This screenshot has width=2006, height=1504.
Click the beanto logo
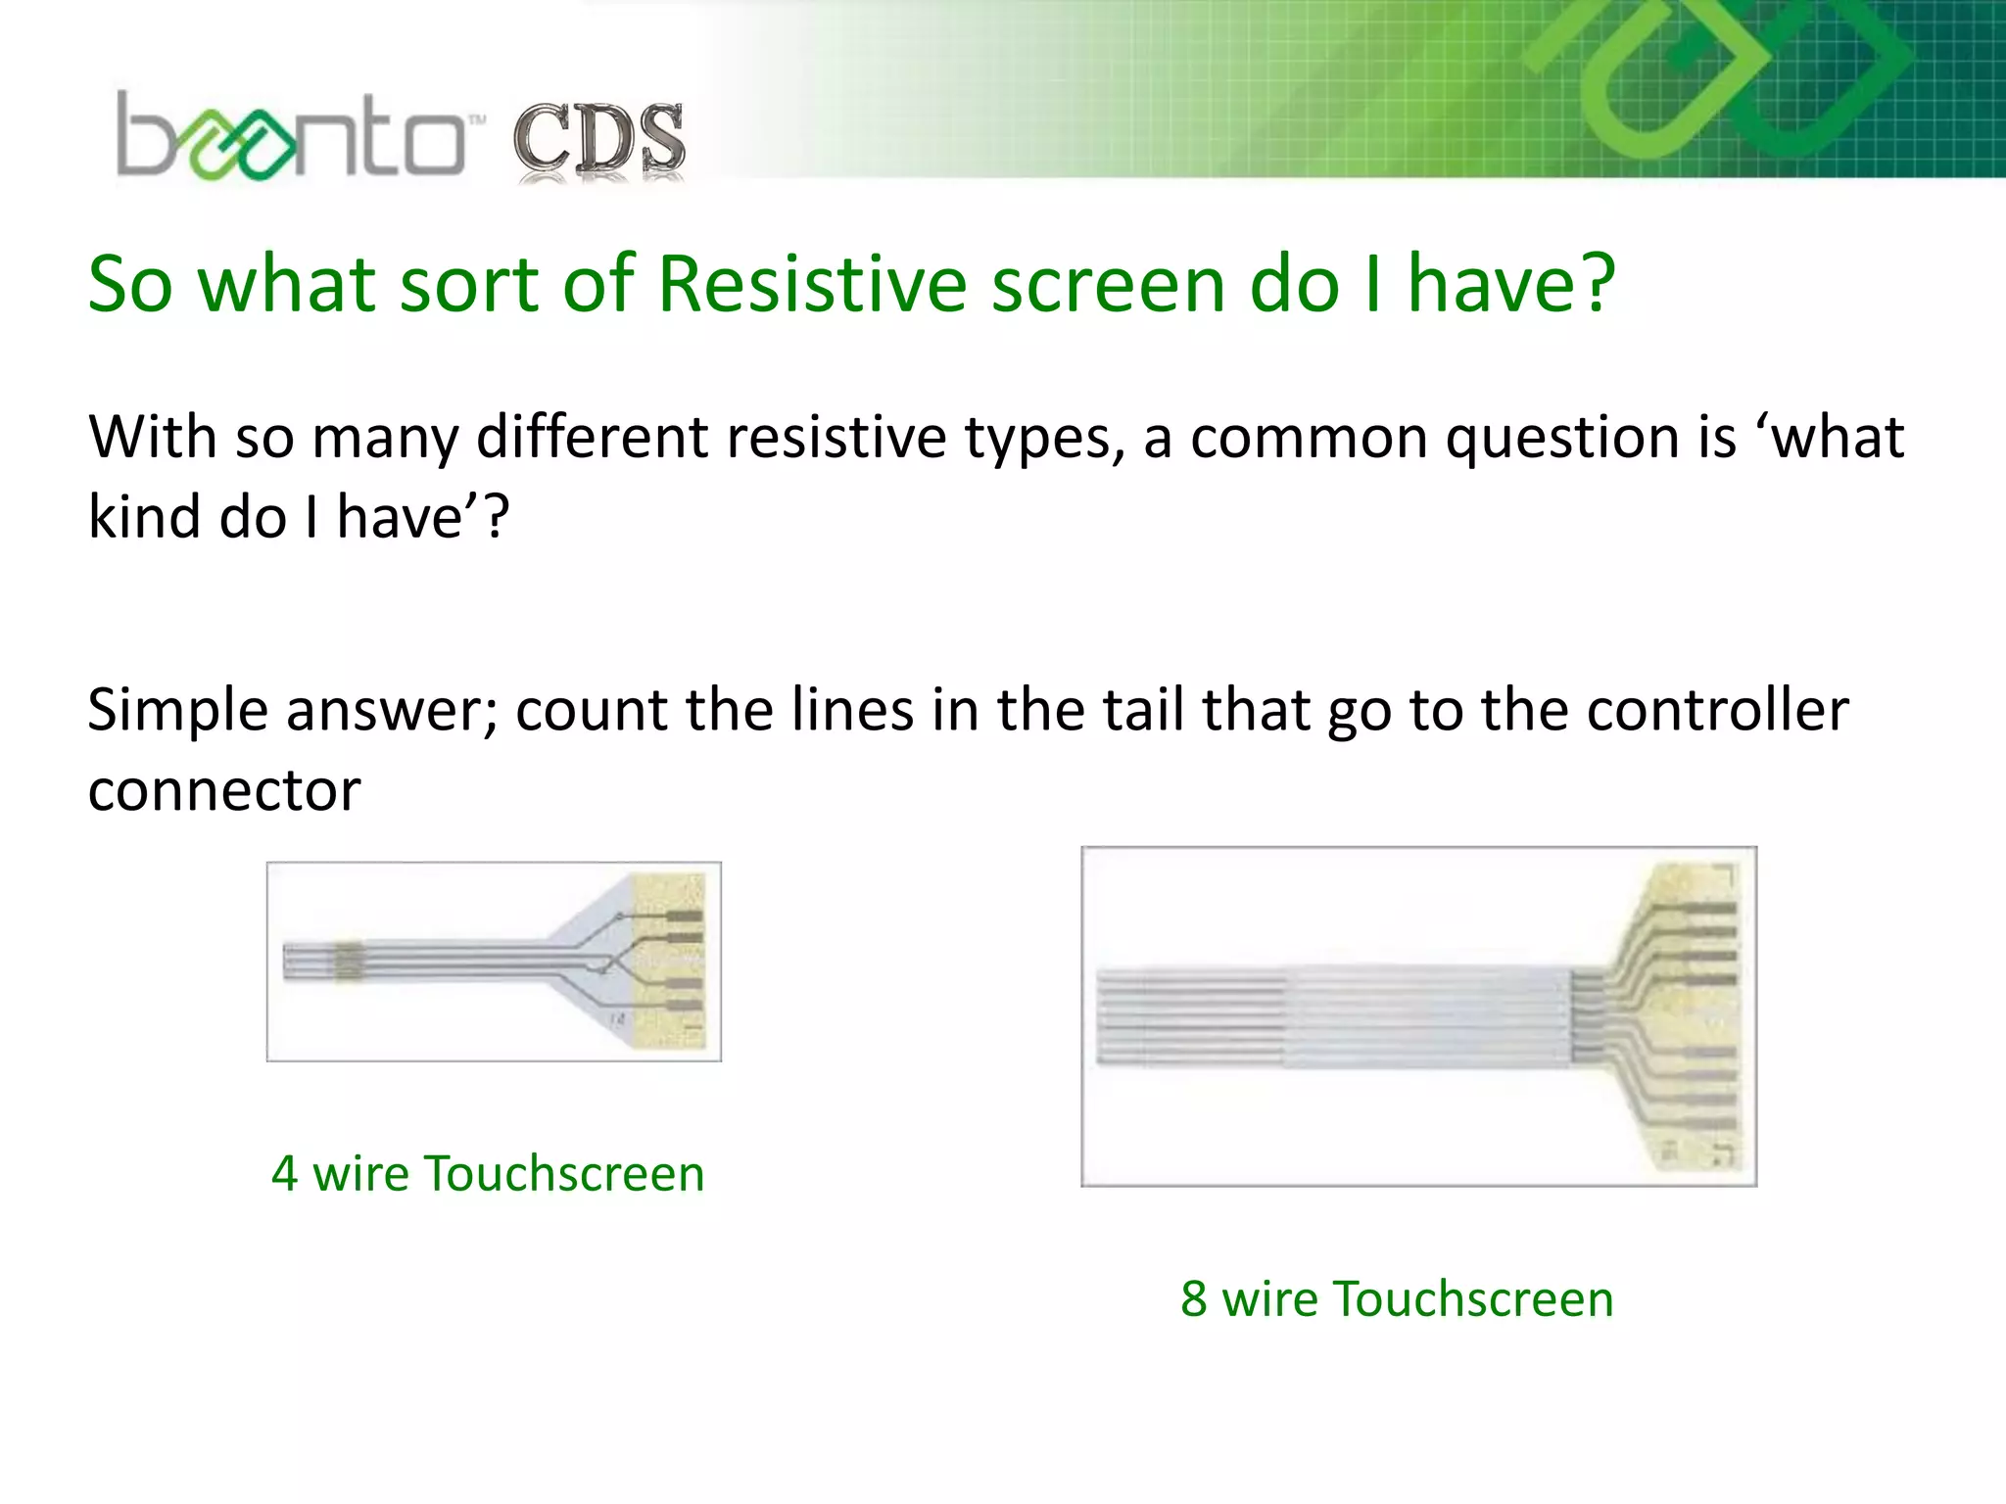coord(290,137)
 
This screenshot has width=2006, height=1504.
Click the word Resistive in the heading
coord(815,285)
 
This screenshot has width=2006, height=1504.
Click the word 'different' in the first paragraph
coord(592,437)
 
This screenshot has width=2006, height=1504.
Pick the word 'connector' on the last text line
coord(224,791)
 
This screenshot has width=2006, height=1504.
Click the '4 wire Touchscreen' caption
coord(488,1174)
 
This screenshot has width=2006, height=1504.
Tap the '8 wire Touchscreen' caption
coord(1397,1299)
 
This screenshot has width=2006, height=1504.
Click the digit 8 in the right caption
coord(1193,1299)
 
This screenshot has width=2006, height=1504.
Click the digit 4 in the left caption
coord(284,1174)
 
